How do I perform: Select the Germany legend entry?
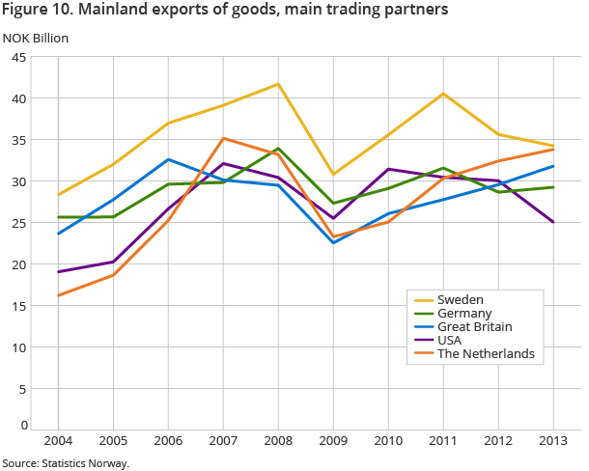click(x=466, y=314)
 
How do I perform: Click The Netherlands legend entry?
click(x=487, y=354)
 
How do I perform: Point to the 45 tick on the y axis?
click(x=17, y=57)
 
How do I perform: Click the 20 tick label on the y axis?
click(x=17, y=264)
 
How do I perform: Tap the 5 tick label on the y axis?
click(x=21, y=389)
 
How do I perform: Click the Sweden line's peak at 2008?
click(x=278, y=84)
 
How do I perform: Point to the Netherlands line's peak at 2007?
click(x=223, y=138)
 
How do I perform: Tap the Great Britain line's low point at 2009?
click(x=333, y=242)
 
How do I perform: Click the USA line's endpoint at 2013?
click(x=553, y=222)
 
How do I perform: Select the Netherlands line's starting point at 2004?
click(x=58, y=295)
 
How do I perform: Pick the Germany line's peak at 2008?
click(x=278, y=149)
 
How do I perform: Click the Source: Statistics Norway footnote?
click(x=65, y=463)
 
